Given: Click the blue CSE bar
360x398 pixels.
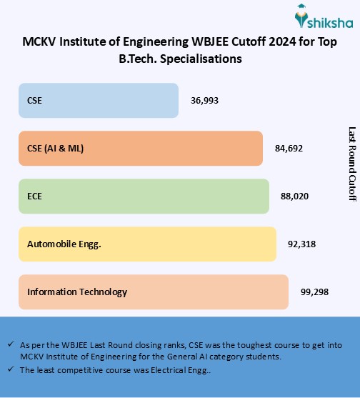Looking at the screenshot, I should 98,100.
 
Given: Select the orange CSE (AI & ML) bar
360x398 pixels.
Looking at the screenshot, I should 141,148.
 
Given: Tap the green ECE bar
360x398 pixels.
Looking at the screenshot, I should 144,196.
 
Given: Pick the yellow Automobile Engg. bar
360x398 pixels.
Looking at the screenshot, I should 147,244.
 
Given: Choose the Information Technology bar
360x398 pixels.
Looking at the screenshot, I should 153,292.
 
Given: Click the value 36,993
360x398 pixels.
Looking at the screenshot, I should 204,101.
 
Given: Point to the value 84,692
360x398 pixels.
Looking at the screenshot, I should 289,149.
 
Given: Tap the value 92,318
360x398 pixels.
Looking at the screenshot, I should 301,244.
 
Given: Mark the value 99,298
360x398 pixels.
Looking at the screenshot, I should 313,292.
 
